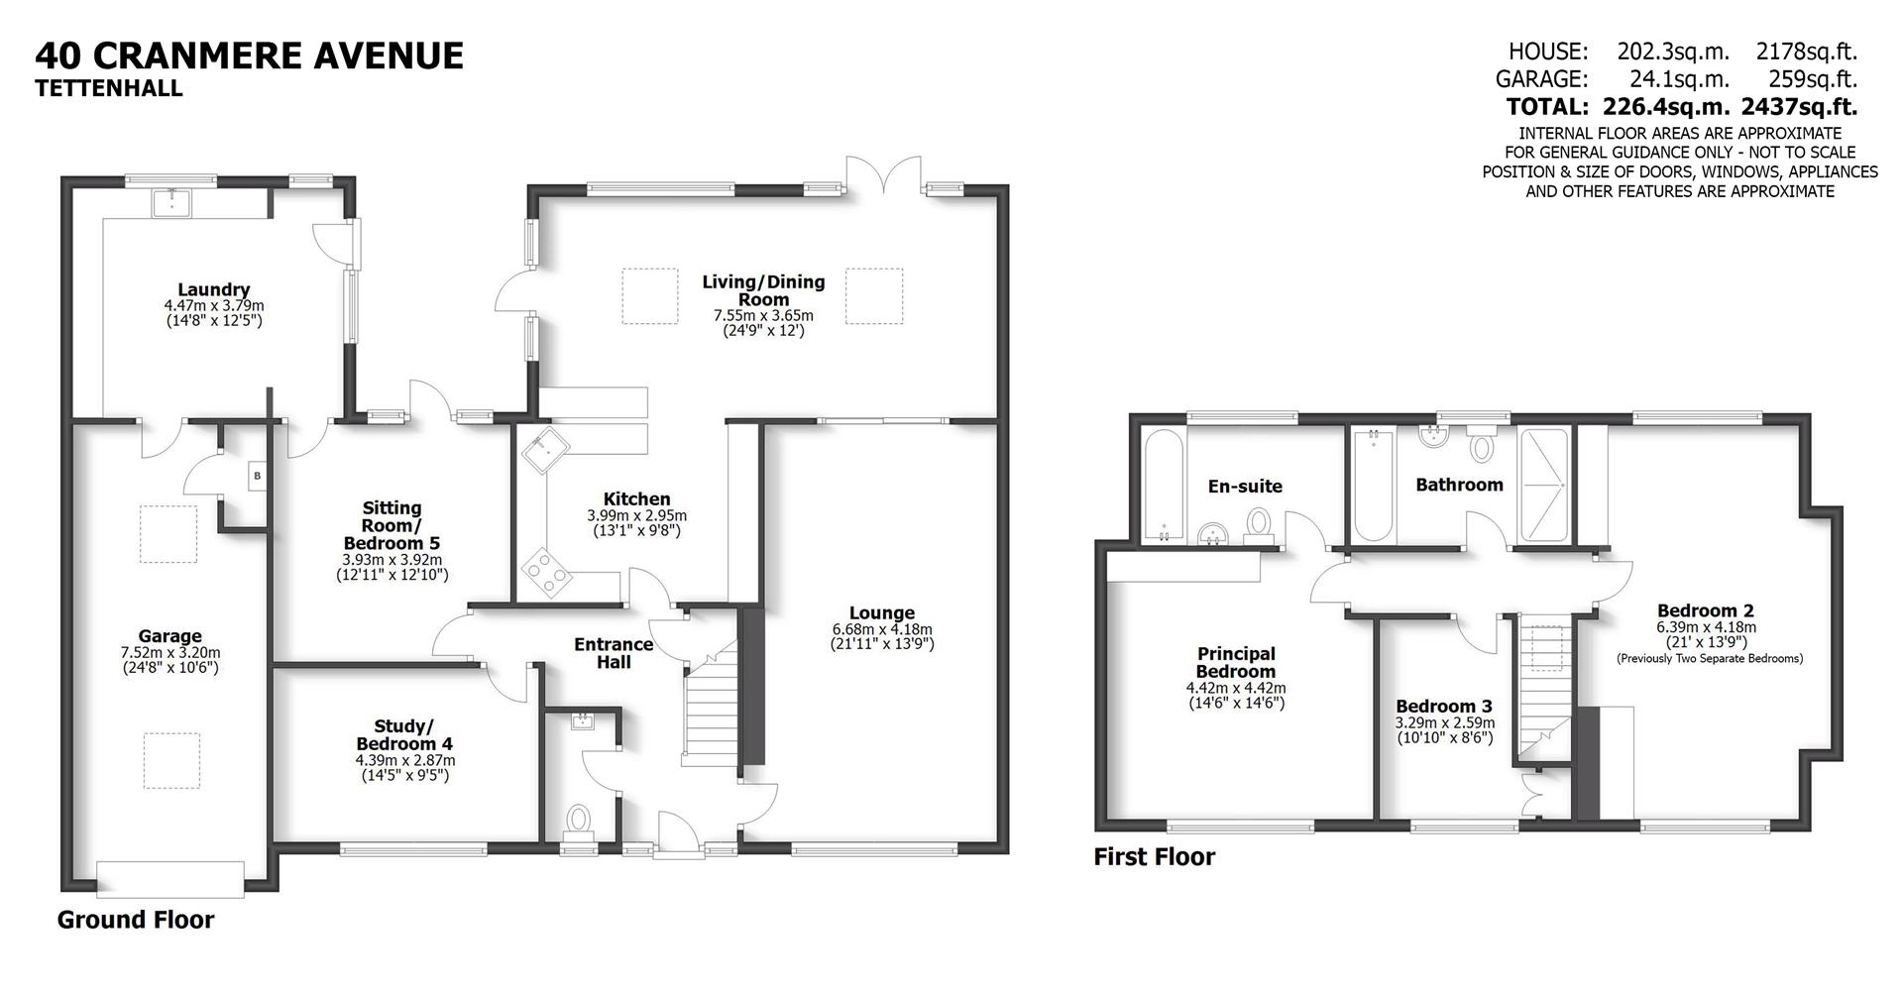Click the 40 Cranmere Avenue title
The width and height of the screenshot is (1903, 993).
coord(249,55)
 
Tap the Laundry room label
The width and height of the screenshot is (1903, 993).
coord(214,290)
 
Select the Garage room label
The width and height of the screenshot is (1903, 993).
coord(169,636)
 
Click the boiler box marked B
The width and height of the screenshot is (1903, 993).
coord(257,476)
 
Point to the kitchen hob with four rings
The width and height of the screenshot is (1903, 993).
coord(547,571)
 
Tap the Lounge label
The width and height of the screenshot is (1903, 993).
coord(881,613)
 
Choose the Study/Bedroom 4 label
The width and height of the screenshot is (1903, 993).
coord(404,735)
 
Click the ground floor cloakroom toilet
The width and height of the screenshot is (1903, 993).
coord(578,820)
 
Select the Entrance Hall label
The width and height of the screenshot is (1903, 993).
coord(614,653)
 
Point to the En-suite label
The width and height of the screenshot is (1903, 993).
coord(1245,486)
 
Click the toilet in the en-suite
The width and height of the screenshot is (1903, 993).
coord(1259,522)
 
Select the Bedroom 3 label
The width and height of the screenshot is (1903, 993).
coord(1444,707)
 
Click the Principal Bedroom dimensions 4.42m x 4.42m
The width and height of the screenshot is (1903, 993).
coord(1236,688)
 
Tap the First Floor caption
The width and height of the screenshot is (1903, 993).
coord(1154,856)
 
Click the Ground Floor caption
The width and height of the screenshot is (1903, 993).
coord(136,920)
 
